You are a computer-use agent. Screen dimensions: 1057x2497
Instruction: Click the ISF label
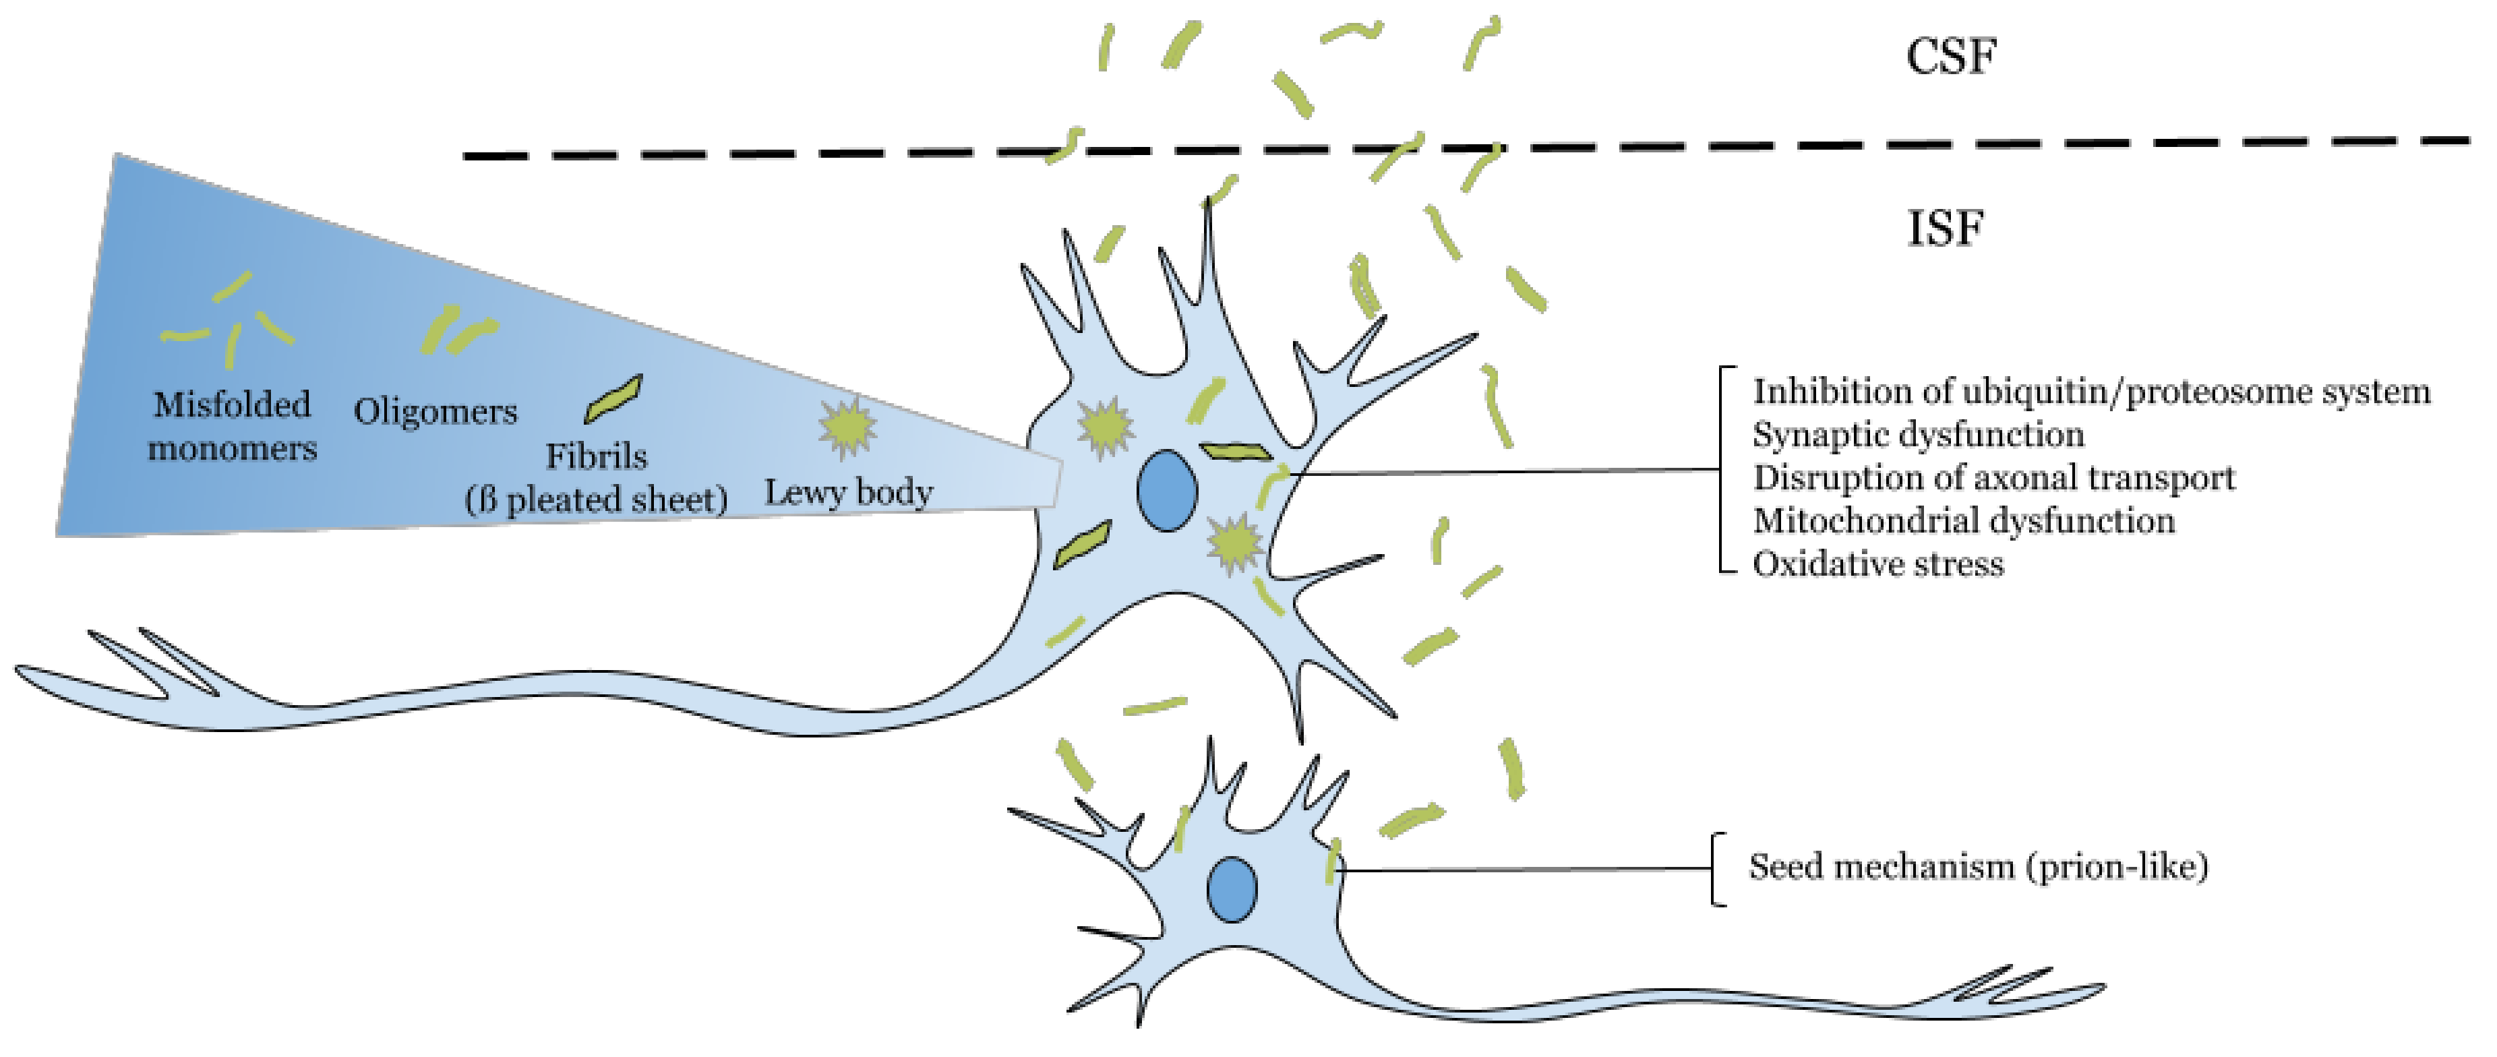pos(1944,229)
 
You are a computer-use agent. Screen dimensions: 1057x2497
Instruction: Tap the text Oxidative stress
pos(1877,564)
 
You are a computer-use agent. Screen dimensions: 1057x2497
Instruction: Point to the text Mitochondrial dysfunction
pos(1964,520)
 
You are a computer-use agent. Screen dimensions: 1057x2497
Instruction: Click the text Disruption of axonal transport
pos(1994,478)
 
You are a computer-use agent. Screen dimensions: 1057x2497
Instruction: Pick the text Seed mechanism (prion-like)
pos(1977,866)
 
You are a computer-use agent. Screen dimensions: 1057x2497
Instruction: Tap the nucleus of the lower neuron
pos(1232,889)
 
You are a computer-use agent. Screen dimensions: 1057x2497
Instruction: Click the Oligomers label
pos(435,411)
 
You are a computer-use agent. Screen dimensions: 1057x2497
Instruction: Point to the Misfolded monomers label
pos(233,427)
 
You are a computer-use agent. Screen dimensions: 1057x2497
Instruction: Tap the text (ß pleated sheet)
pos(596,500)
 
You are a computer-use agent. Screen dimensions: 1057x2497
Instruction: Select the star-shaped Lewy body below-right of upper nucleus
pos(1233,544)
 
